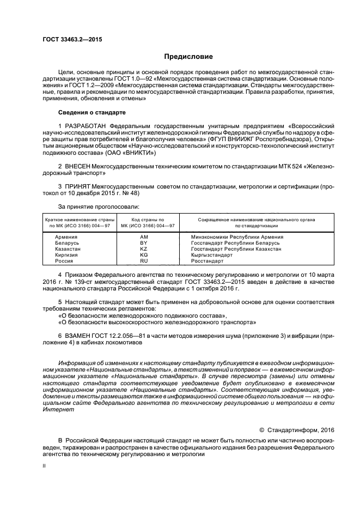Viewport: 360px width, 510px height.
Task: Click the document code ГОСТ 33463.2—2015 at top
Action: coord(72,40)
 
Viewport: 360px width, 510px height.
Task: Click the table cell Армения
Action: coord(66,237)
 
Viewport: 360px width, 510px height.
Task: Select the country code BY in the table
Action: coord(144,243)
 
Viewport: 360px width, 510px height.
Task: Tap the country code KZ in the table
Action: coord(144,249)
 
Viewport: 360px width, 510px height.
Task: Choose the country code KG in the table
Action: coord(144,255)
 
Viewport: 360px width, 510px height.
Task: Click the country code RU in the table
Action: coord(144,261)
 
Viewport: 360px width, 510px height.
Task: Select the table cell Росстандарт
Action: coord(208,261)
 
